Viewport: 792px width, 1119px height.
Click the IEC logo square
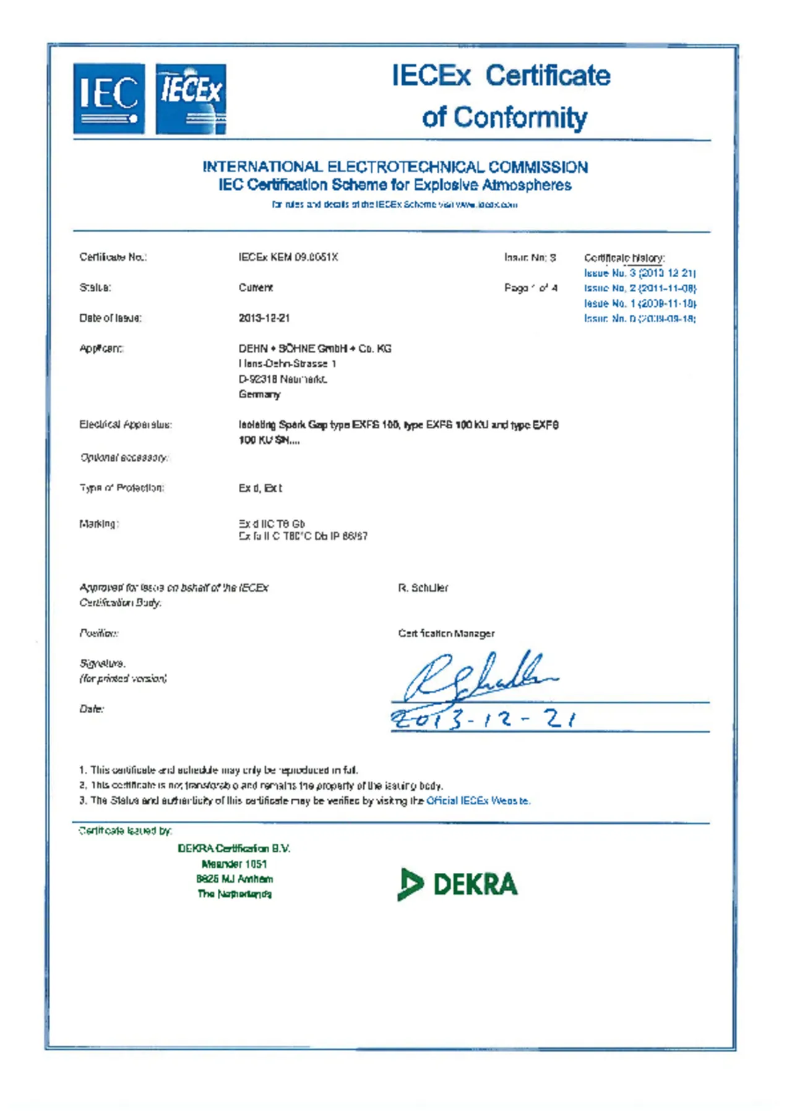click(109, 98)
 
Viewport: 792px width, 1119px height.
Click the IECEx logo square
click(191, 99)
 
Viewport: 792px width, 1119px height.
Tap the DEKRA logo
click(457, 884)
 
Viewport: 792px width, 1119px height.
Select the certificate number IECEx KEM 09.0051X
click(288, 257)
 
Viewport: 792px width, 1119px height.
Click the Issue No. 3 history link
click(640, 273)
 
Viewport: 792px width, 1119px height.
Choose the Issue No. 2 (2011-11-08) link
click(640, 288)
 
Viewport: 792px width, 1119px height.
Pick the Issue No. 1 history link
click(640, 303)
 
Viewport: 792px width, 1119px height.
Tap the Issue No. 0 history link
click(640, 319)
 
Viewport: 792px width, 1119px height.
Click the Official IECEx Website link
click(478, 800)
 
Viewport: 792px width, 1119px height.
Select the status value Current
click(256, 288)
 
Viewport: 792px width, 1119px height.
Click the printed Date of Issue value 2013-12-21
click(264, 318)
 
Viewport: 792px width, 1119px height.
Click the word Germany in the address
click(259, 394)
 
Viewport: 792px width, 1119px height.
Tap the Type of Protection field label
click(121, 488)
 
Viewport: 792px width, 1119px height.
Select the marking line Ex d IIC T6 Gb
click(272, 523)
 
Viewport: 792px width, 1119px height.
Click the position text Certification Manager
click(446, 633)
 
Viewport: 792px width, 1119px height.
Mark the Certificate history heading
click(624, 258)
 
